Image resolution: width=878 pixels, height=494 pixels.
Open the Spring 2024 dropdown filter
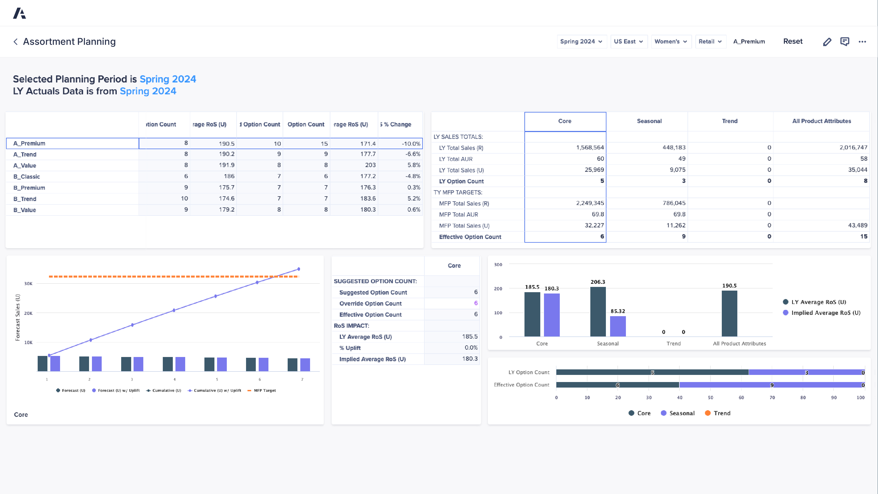pos(581,42)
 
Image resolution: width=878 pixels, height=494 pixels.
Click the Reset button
pos(792,42)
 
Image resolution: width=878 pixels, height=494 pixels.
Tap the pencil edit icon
pos(827,42)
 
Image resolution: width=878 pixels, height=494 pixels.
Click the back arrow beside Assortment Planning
pos(15,42)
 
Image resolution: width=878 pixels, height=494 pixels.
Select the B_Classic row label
pos(27,177)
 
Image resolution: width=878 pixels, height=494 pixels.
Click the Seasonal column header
pos(649,121)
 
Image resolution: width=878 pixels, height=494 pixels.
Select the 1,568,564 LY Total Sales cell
pos(590,148)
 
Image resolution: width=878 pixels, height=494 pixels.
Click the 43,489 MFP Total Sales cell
pos(857,225)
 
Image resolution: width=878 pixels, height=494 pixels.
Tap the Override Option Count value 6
pos(475,303)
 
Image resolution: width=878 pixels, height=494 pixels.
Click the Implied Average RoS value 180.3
pos(469,359)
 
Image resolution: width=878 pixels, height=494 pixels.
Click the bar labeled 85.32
pos(617,326)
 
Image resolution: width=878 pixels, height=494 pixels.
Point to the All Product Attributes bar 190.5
pos(729,313)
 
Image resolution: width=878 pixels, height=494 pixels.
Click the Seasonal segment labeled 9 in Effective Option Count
pos(772,385)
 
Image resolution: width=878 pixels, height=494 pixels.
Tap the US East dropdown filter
pos(629,42)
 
